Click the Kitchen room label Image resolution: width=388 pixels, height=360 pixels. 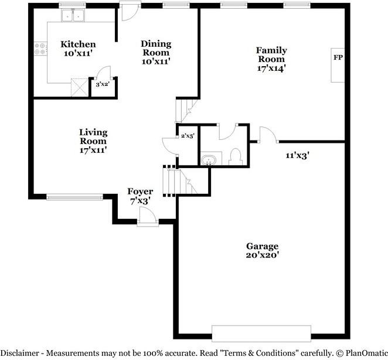tap(78, 44)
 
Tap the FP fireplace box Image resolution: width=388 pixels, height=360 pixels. tap(338, 65)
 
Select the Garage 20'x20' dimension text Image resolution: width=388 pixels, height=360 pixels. tap(263, 255)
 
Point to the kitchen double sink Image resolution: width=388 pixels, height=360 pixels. tap(73, 16)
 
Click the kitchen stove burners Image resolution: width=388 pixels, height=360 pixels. tap(40, 49)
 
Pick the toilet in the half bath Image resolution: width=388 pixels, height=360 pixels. tap(235, 157)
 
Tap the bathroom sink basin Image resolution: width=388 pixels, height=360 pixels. tap(209, 160)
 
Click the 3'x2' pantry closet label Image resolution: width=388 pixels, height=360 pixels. tap(103, 84)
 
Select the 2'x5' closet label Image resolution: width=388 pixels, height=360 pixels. tap(188, 136)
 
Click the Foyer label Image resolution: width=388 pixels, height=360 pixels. tap(140, 192)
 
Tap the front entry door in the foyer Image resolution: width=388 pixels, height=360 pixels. tap(148, 217)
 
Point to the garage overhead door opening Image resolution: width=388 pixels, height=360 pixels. tap(261, 334)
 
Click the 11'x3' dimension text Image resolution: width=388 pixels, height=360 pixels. tap(298, 156)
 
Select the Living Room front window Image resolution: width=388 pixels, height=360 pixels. tap(74, 197)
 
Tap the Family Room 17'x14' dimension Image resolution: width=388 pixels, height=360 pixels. tap(271, 68)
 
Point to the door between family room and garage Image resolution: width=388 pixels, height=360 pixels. tap(268, 135)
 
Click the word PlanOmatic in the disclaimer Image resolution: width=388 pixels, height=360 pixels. tap(367, 353)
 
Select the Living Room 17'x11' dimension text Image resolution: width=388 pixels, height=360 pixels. tap(93, 150)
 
